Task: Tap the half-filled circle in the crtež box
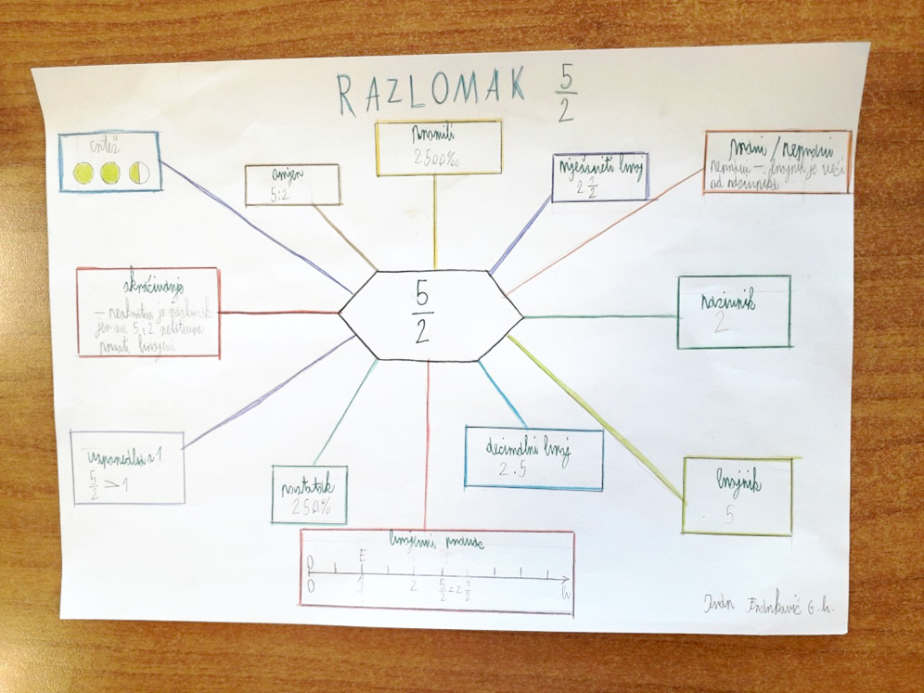[139, 172]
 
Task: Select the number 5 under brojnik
[729, 515]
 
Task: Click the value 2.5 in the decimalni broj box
[512, 471]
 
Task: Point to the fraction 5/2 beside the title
[565, 94]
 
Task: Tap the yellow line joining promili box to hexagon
[434, 223]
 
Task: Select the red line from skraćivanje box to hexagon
[278, 313]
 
